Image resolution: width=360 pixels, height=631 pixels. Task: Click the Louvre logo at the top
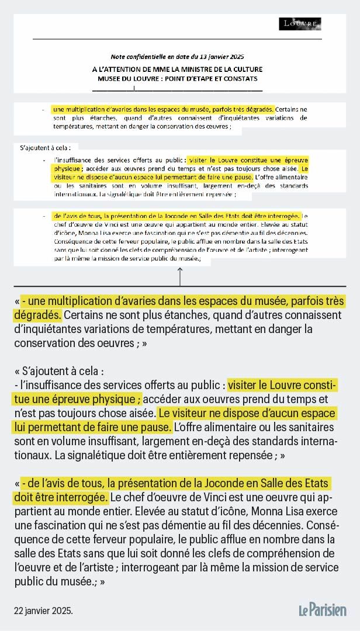(300, 24)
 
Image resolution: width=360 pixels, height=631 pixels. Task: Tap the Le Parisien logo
(323, 610)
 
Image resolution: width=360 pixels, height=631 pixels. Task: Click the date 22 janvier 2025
(44, 611)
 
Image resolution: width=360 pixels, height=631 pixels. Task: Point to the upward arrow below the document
(180, 275)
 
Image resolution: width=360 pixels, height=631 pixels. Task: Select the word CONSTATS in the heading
(241, 78)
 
